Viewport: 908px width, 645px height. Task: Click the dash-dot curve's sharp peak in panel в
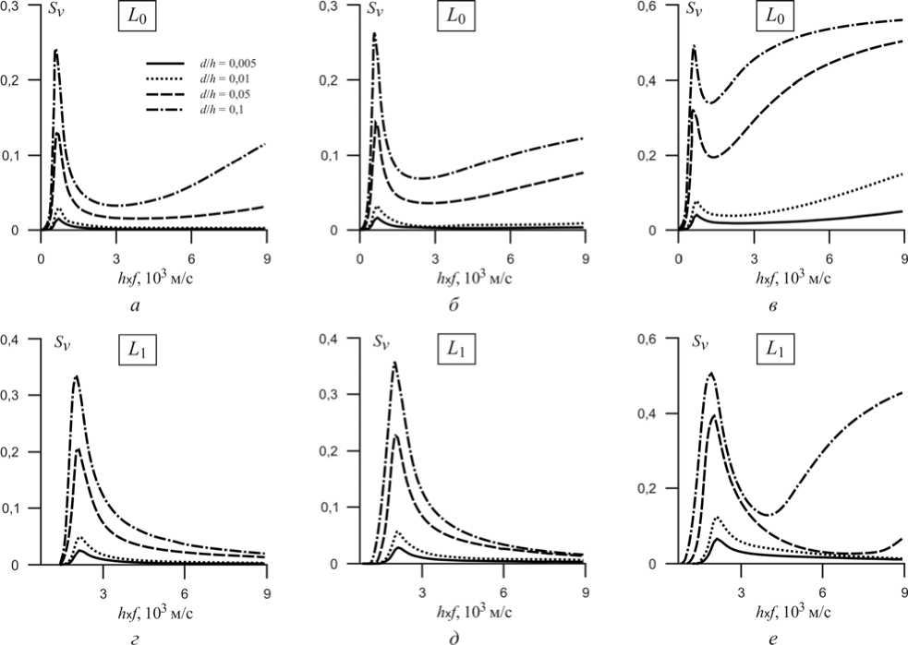[x=694, y=46]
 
